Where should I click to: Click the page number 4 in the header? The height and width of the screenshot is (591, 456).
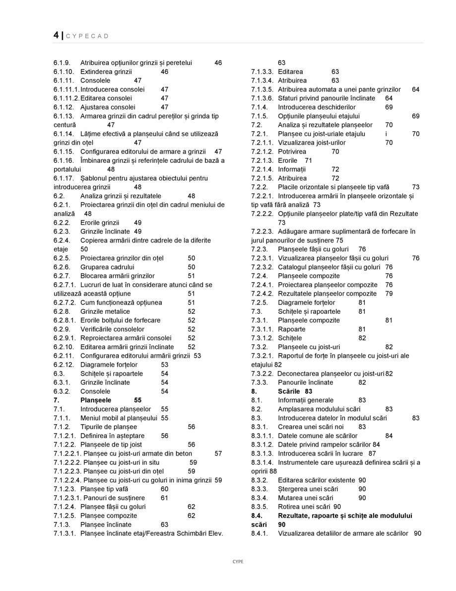56,35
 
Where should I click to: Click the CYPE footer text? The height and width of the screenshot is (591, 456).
238,562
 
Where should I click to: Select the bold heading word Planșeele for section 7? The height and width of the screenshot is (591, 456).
96,400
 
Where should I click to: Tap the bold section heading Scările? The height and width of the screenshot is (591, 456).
290,391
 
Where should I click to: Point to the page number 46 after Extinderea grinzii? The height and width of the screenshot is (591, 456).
165,72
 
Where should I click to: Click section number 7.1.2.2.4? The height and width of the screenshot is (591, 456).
67,480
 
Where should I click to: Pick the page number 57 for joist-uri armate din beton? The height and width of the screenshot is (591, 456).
218,453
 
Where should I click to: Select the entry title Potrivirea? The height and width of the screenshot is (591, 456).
292,151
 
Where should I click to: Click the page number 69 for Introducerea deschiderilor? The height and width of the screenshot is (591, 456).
389,107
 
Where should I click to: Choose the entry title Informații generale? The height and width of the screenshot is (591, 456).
306,400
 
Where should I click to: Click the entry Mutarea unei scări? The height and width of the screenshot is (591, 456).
306,498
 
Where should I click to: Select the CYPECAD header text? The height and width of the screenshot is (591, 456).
87,36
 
